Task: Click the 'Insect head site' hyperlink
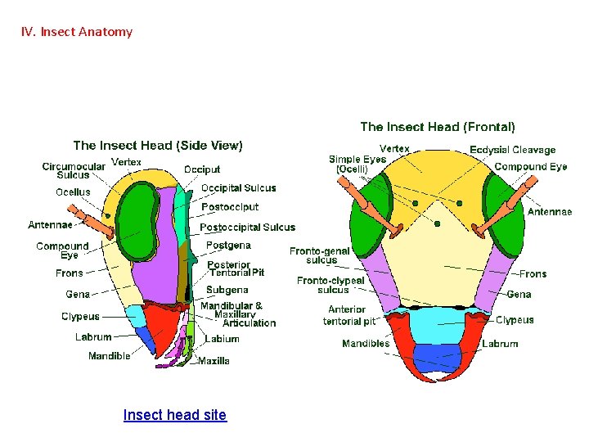tap(174, 415)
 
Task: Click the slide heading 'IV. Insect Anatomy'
tap(77, 32)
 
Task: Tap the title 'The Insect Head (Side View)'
tap(158, 145)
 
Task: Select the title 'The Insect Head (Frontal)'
tap(438, 127)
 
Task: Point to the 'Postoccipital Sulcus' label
tap(247, 227)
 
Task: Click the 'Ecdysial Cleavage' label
tap(512, 150)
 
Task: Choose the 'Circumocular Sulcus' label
tap(74, 170)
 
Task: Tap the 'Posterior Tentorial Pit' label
tap(236, 268)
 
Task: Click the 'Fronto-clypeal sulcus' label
tap(330, 285)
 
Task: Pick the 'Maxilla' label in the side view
tap(214, 360)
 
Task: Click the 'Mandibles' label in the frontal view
tap(366, 344)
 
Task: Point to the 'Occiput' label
tap(202, 169)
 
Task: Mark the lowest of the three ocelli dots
tap(438, 223)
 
